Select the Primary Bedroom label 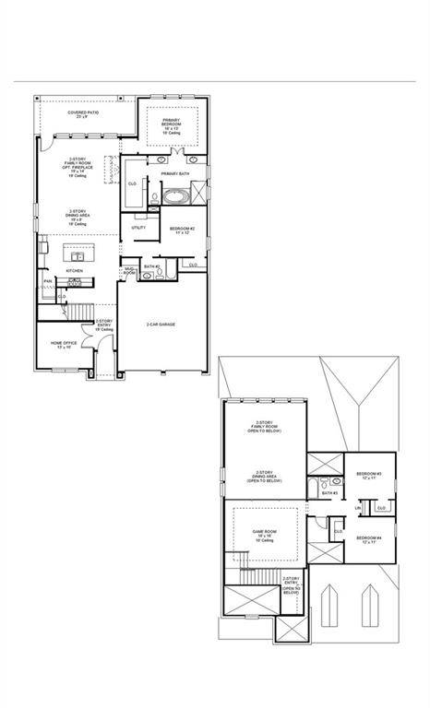pyautogui.click(x=173, y=125)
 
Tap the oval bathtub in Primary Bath pyautogui.click(x=175, y=196)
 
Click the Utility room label pyautogui.click(x=138, y=227)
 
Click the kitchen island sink pyautogui.click(x=75, y=254)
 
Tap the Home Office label pyautogui.click(x=63, y=344)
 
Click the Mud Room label pyautogui.click(x=130, y=272)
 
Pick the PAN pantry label pyautogui.click(x=47, y=281)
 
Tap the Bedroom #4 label pyautogui.click(x=369, y=539)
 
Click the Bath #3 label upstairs pyautogui.click(x=328, y=493)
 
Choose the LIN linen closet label pyautogui.click(x=357, y=507)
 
